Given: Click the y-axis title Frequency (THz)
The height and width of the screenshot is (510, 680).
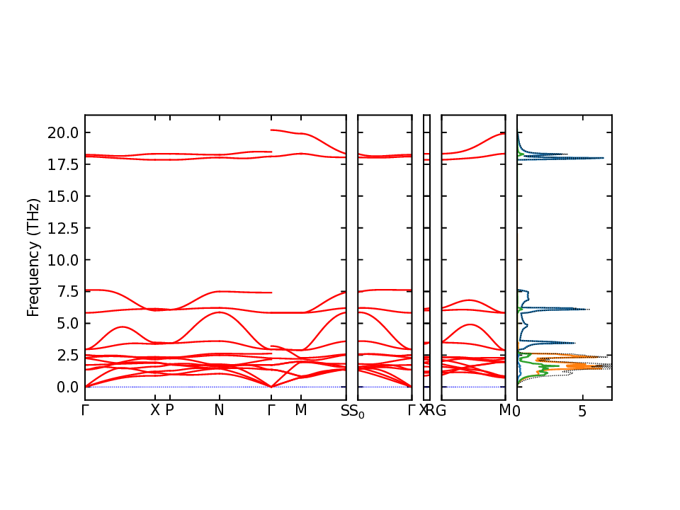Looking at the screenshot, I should pos(33,257).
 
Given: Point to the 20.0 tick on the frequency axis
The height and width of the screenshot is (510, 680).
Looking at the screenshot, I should pos(63,132).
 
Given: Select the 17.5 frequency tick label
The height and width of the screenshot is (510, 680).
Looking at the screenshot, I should pos(63,164).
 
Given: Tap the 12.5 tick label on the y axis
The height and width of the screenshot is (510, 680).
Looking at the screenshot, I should pos(63,228).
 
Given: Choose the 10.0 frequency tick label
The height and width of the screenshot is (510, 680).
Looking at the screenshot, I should pos(63,260).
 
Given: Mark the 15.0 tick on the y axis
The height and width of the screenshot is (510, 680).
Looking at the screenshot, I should pos(63,196).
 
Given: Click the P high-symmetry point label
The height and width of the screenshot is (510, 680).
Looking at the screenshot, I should pos(169,411).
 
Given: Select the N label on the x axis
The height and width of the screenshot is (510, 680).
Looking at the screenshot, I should pos(220,411).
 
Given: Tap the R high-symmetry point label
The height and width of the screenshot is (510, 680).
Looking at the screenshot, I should pos(431,411).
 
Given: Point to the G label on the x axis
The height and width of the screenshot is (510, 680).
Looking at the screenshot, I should pos(441,411).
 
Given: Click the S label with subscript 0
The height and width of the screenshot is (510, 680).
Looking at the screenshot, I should pos(358,412).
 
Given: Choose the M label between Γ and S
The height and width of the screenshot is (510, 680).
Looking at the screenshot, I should pos(301,411).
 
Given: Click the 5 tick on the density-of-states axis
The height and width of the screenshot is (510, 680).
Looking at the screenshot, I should pos(582,411).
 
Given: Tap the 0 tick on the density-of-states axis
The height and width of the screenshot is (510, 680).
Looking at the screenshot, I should pos(517,411).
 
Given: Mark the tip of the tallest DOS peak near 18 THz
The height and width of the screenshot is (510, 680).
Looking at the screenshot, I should pos(603,158).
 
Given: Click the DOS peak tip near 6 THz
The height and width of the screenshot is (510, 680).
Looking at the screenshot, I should pos(589,309).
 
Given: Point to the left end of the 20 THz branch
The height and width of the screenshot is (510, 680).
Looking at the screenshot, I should pos(272,130).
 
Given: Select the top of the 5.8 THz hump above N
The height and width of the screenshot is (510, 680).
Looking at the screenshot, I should pos(220,312).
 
